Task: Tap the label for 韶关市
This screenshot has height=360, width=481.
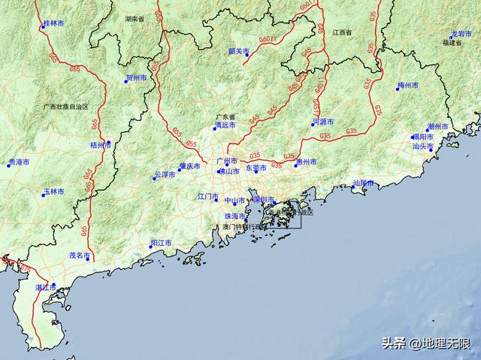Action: click(240, 51)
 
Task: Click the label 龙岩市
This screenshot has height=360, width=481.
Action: click(461, 35)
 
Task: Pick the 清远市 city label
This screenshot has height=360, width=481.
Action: click(225, 126)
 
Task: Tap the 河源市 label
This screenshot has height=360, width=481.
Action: click(324, 122)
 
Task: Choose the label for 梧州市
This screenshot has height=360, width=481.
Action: click(100, 145)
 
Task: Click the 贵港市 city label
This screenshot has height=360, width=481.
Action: click(19, 162)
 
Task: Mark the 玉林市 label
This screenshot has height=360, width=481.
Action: click(54, 192)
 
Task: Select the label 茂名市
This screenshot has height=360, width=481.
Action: click(80, 255)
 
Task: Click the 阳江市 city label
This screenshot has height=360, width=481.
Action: click(161, 244)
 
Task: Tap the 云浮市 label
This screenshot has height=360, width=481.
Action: click(164, 174)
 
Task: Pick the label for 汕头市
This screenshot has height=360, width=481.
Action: click(423, 147)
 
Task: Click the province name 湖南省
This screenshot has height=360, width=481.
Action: click(135, 18)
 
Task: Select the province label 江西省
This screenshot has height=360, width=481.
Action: click(342, 33)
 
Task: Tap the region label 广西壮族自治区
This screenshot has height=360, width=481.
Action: click(66, 107)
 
